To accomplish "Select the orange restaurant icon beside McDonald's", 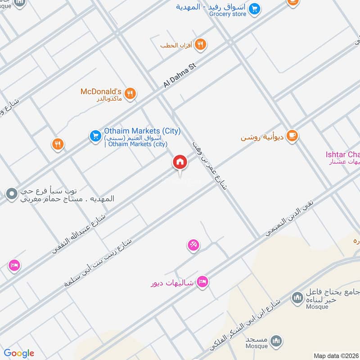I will pos(130,93).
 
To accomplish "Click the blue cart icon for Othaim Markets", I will pos(94,135).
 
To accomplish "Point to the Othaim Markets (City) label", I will pos(142,131).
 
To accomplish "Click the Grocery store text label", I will pos(227,14).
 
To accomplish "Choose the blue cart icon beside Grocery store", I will pos(255,9).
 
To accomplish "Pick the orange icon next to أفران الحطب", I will pos(200,44).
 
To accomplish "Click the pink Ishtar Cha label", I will pos(342,154).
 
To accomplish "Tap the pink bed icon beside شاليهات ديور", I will pos(202,281).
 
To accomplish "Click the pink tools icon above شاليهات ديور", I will pos(193,245).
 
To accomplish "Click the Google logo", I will pos(19,353).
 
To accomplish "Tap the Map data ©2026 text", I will pos(335,355).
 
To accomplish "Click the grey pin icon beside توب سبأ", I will pos(11,194).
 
